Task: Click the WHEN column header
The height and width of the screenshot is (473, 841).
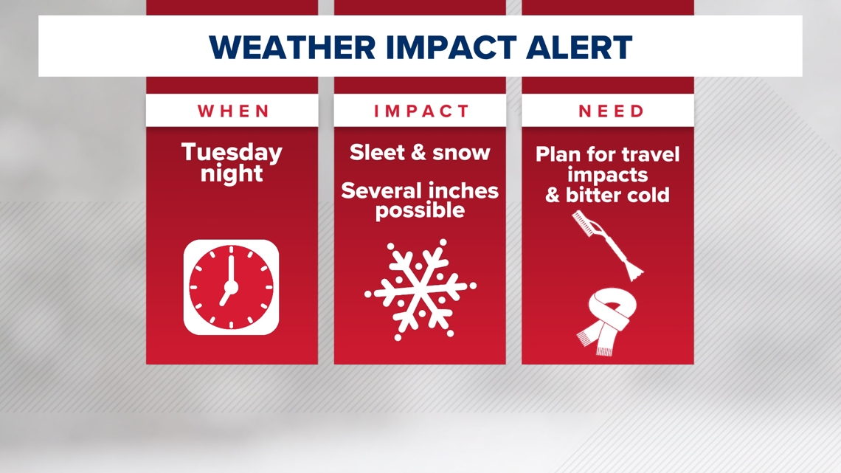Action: point(232,111)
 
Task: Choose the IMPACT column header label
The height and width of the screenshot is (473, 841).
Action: point(420,111)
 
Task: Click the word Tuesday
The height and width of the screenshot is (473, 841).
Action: point(232,153)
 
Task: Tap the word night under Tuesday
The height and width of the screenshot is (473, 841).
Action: point(232,174)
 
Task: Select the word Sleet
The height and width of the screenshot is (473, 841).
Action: point(378,153)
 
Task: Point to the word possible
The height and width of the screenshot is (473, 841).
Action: point(420,210)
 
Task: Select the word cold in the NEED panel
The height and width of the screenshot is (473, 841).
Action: point(648,195)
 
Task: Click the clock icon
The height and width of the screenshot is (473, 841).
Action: point(232,287)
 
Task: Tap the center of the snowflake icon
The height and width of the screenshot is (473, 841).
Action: point(420,289)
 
